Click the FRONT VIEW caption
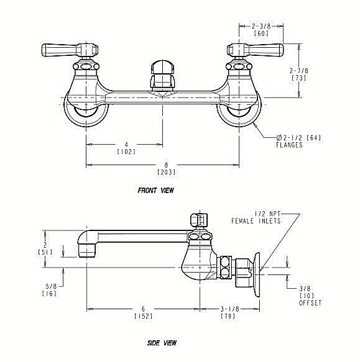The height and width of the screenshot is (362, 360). (x=155, y=191)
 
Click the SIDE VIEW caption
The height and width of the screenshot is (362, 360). (x=162, y=343)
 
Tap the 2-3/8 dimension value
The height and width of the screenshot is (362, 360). (x=261, y=26)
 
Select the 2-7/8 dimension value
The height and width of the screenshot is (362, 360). (x=299, y=70)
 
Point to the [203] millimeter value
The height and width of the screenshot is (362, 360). (x=166, y=172)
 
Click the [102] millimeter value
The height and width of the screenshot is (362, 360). (x=126, y=152)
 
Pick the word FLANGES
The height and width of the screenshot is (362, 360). (x=289, y=145)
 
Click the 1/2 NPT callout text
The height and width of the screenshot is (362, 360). (x=267, y=214)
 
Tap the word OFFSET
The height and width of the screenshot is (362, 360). (x=310, y=302)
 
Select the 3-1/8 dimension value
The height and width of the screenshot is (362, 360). (x=229, y=309)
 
